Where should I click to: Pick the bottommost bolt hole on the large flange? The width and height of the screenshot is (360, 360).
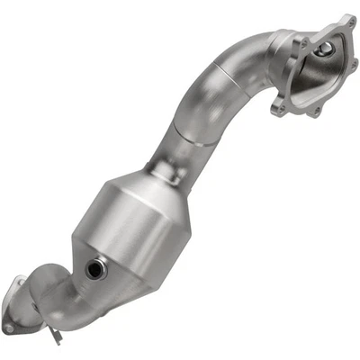click(x=315, y=112)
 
